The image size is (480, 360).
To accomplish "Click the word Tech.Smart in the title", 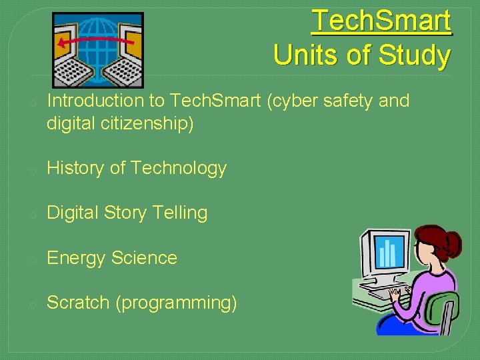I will tap(381, 21).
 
